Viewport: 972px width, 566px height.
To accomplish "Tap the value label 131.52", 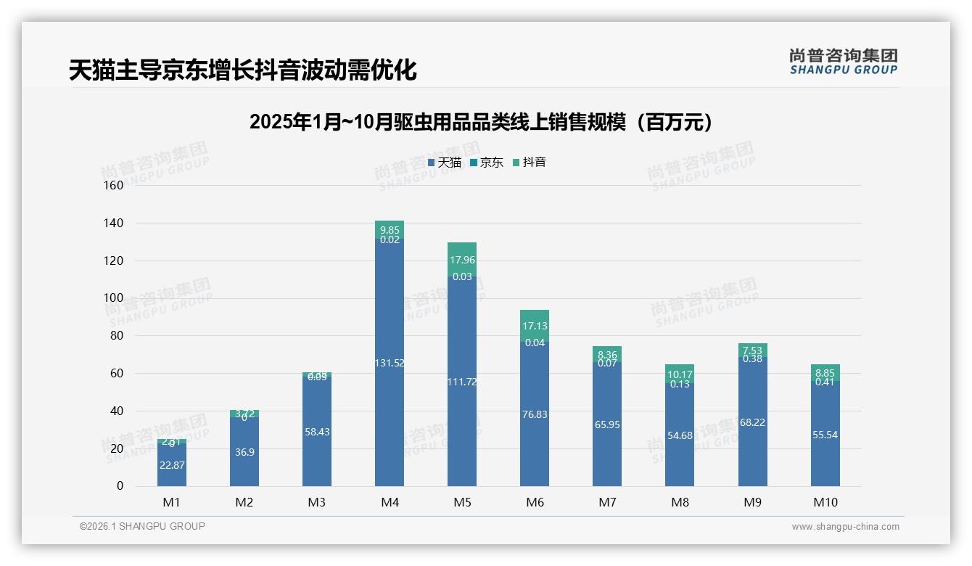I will (390, 363).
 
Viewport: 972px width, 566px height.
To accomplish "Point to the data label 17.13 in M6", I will (535, 327).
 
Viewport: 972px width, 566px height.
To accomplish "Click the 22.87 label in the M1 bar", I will (172, 465).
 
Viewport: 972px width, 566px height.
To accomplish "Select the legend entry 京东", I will (487, 163).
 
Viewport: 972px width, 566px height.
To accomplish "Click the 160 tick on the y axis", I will (114, 185).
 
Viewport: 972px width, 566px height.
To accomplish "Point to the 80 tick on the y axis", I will (116, 335).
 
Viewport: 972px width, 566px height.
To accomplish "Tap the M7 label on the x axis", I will (607, 502).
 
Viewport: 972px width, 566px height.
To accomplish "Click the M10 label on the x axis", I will (825, 502).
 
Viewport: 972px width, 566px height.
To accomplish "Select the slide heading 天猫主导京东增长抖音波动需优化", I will (242, 70).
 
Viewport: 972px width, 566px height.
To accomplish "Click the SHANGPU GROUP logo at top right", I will (843, 62).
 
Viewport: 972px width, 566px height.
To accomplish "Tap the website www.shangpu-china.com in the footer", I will (845, 527).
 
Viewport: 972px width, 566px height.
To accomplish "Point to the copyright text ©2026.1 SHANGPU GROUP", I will (142, 526).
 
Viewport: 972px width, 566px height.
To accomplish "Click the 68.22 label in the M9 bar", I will (752, 422).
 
